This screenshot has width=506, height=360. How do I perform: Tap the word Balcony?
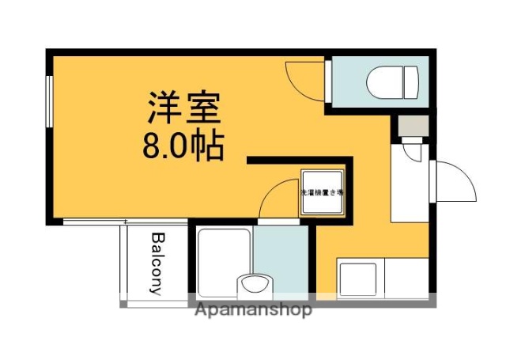click(x=157, y=263)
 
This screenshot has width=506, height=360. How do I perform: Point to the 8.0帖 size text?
click(x=183, y=146)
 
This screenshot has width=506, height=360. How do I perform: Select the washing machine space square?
click(x=322, y=192)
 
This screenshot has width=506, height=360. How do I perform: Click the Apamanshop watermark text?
click(x=253, y=309)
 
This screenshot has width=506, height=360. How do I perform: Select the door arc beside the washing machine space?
click(x=278, y=198)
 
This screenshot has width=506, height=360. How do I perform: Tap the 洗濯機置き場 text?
click(x=322, y=192)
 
